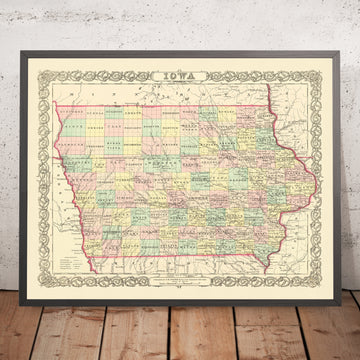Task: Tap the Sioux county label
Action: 72,125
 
